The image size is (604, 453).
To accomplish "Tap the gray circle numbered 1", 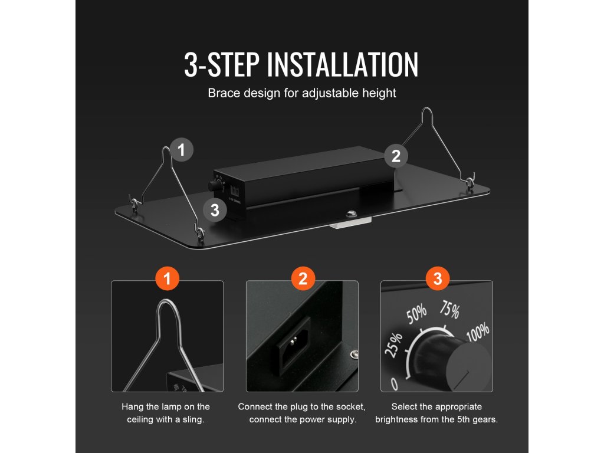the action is coord(182,149).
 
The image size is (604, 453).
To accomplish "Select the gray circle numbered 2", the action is coord(396,156).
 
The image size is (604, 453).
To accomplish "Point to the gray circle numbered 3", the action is coord(215,210).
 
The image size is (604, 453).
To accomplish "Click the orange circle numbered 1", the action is coord(167,278).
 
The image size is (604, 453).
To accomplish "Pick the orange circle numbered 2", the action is coord(303,278).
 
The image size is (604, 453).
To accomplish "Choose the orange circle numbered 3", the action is coord(438,278).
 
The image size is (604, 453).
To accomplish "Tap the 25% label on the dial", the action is coord(393,344).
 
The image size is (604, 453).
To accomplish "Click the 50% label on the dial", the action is coord(417,314).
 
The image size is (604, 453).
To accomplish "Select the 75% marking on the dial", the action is coord(449,309).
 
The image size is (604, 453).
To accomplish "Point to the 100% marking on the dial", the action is coord(478,331).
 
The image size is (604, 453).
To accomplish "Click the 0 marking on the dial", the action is coord(394,384).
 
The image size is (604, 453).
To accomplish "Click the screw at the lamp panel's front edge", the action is coord(350,214).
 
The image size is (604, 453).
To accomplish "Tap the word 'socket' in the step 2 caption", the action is coord(350,407).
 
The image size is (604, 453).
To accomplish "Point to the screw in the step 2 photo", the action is coord(354,354).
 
